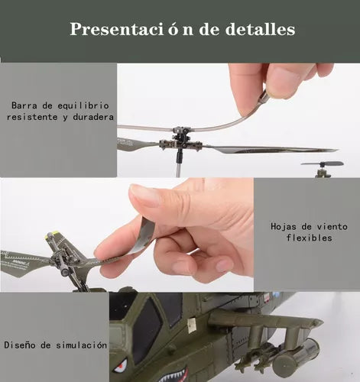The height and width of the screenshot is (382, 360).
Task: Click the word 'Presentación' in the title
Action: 123,30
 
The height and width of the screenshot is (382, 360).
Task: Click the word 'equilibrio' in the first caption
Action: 82,105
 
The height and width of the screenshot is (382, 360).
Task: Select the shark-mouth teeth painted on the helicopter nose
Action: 173,373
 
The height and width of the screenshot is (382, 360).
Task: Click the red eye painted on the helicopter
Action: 121,365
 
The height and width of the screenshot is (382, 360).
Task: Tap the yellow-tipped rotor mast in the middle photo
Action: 53,236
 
